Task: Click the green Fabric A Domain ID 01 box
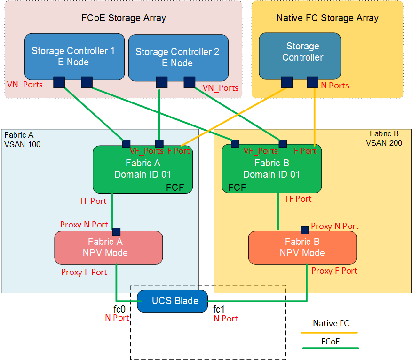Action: point(143,169)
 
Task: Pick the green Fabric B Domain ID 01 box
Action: point(271,169)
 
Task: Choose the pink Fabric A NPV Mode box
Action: point(108,247)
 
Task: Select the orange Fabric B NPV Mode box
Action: point(302,247)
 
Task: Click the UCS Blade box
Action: point(172,301)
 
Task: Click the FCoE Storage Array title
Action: point(124,18)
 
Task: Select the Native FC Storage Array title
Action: point(327,18)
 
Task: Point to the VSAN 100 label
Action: point(22,144)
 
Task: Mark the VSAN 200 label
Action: point(384,143)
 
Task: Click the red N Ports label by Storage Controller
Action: point(334,86)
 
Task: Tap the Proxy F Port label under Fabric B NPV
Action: point(334,271)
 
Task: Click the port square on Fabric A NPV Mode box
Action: point(116,232)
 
